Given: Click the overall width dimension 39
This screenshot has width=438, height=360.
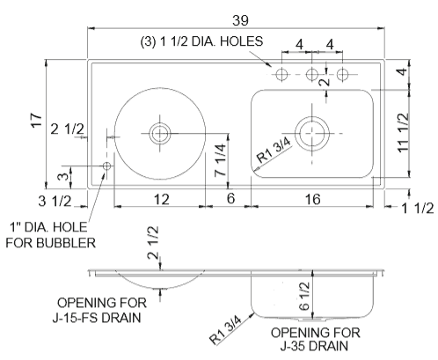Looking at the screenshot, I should (x=236, y=17).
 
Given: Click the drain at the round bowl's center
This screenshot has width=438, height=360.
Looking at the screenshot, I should (x=159, y=134).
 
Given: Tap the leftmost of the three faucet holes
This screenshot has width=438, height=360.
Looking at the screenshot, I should (x=281, y=75).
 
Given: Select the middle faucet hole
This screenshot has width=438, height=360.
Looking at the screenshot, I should (x=311, y=75).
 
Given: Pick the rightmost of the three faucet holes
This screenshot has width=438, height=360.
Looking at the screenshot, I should (x=343, y=75).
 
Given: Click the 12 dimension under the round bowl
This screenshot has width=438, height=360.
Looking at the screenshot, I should (x=161, y=199).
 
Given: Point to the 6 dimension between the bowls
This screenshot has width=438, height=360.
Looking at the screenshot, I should (x=231, y=199).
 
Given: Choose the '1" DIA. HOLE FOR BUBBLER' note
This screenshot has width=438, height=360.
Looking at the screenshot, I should (x=53, y=235).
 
